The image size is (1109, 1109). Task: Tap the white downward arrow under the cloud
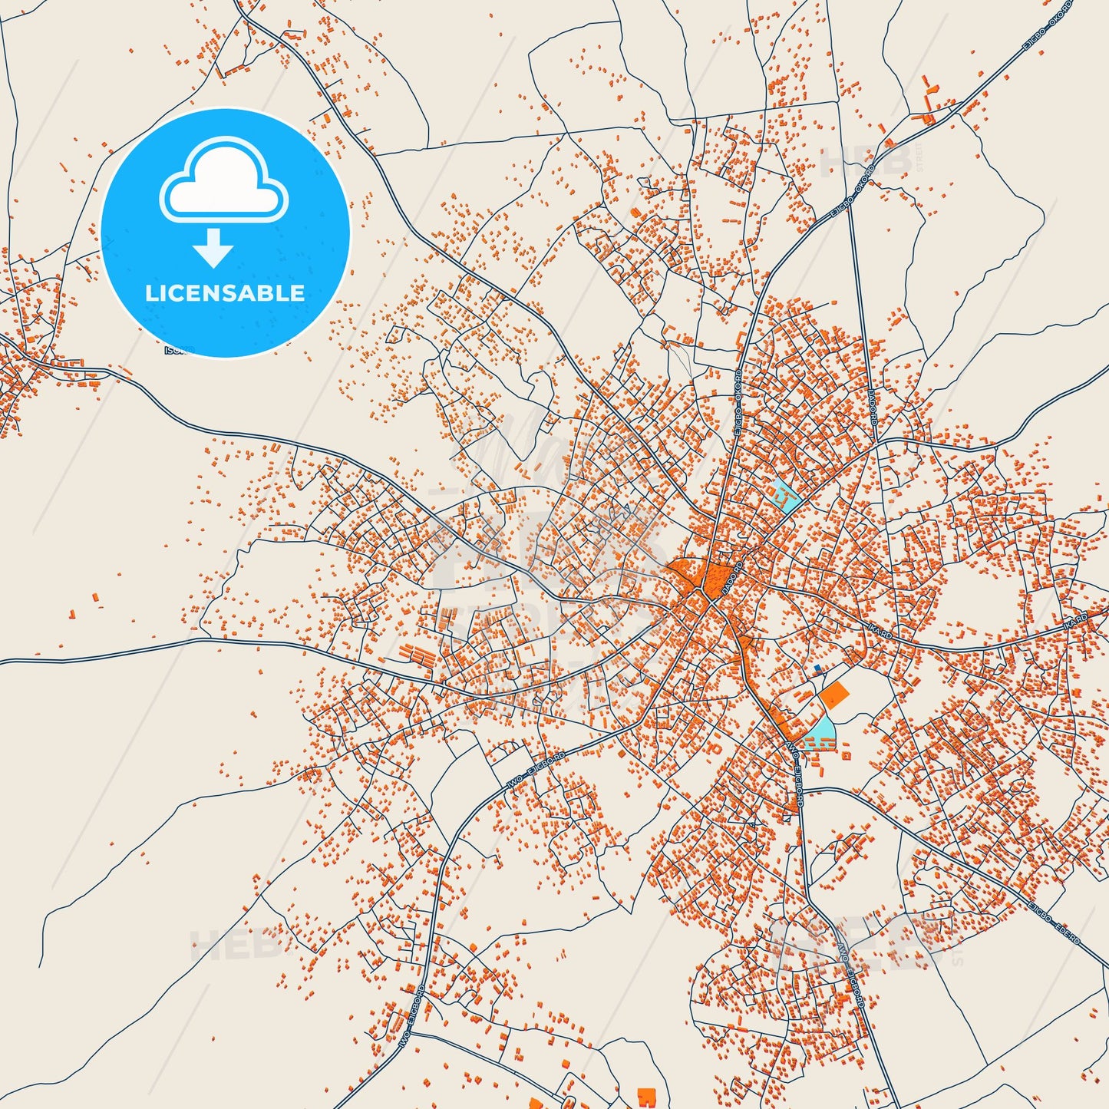214,248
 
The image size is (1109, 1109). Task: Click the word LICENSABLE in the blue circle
225,293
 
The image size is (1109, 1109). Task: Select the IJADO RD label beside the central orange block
733,580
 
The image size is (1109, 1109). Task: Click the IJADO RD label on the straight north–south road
873,407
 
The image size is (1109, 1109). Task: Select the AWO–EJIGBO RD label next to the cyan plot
796,774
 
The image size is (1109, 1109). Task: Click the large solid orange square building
834,695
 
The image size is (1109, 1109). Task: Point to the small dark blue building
817,669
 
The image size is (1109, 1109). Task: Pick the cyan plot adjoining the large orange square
819,731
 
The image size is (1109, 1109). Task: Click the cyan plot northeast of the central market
787,497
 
